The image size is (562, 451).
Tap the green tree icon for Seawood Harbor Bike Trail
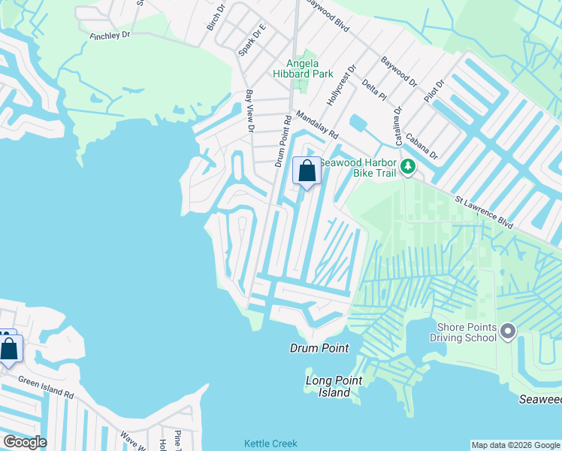[x=407, y=166]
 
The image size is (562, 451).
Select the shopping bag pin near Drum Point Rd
[x=307, y=171]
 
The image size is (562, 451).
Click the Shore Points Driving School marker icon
[x=508, y=331]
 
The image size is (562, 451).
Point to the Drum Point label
[x=320, y=348]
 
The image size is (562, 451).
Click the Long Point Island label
[x=328, y=386]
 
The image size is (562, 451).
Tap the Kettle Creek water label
[x=270, y=444]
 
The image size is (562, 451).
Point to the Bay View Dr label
[x=250, y=111]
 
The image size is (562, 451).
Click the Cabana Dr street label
[x=421, y=146]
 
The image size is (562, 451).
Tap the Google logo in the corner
[x=24, y=442]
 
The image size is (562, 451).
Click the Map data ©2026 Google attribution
[x=515, y=445]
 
